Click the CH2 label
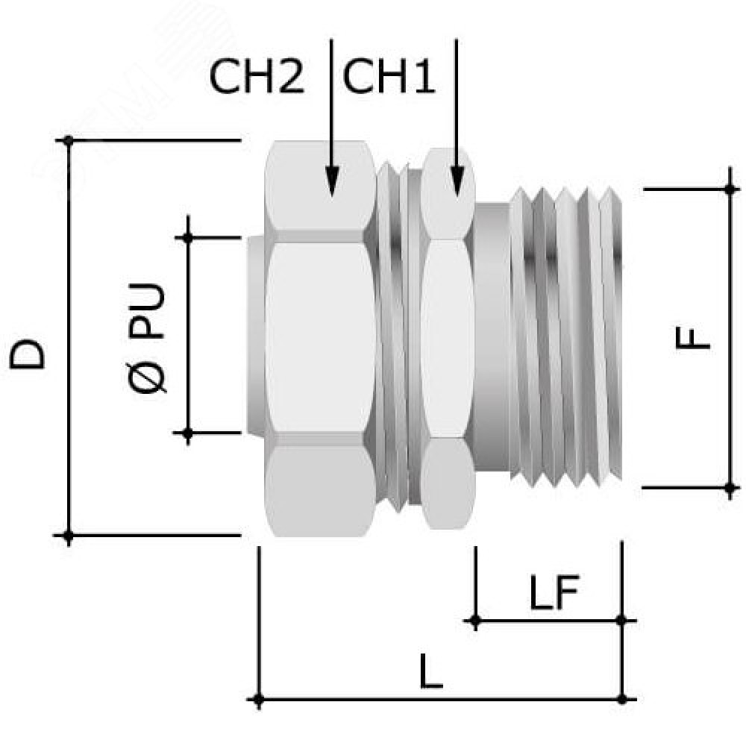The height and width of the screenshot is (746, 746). pyautogui.click(x=257, y=77)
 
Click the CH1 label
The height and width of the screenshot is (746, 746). pyautogui.click(x=388, y=77)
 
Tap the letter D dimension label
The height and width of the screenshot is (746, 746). pyautogui.click(x=28, y=354)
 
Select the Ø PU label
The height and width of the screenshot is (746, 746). pyautogui.click(x=148, y=338)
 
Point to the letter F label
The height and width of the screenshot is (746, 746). pyautogui.click(x=693, y=338)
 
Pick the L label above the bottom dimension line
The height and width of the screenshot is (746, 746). pyautogui.click(x=431, y=671)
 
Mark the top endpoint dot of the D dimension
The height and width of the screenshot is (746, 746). pyautogui.click(x=69, y=140)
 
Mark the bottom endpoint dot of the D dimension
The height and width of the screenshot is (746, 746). pyautogui.click(x=69, y=536)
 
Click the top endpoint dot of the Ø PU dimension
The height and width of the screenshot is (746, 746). pyautogui.click(x=188, y=237)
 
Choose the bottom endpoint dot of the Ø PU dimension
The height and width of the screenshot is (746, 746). pyautogui.click(x=188, y=433)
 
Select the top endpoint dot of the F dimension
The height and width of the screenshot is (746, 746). pyautogui.click(x=730, y=189)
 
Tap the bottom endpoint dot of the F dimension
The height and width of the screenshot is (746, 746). pyautogui.click(x=730, y=488)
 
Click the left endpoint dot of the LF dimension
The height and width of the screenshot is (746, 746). pyautogui.click(x=475, y=621)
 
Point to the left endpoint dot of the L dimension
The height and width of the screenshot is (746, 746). pyautogui.click(x=258, y=700)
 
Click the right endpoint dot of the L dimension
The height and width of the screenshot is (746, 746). pyautogui.click(x=622, y=700)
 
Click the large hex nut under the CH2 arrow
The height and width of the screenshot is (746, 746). pyautogui.click(x=321, y=339)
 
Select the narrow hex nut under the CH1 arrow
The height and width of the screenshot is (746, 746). pyautogui.click(x=448, y=339)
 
